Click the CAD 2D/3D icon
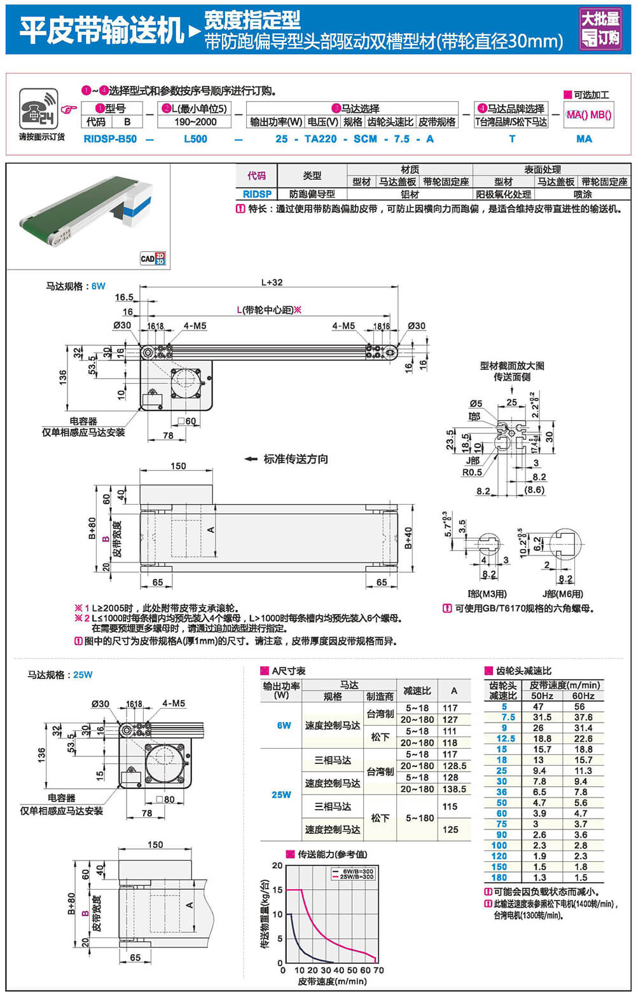tap(153, 258)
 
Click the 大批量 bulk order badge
tap(600, 29)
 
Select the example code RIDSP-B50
tap(110, 139)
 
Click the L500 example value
tap(195, 139)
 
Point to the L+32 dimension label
tap(272, 282)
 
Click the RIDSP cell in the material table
tap(257, 194)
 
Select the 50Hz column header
tap(543, 696)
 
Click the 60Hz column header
tap(583, 696)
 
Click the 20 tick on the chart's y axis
tap(277, 866)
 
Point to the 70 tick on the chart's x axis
tap(378, 970)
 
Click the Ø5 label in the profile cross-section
tap(476, 403)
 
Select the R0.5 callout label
tap(472, 472)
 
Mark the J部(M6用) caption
tap(562, 594)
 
